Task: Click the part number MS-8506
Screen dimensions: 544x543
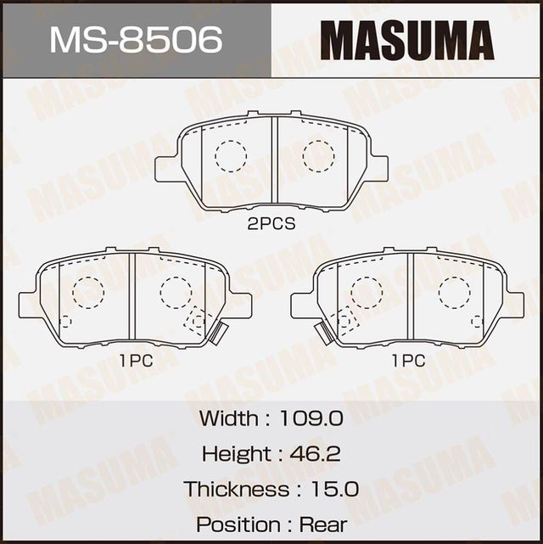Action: pyautogui.click(x=136, y=39)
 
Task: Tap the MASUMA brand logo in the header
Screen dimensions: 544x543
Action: pyautogui.click(x=407, y=40)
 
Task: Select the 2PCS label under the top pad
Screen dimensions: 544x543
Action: pyautogui.click(x=271, y=224)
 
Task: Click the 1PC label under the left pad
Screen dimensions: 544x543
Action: pyautogui.click(x=136, y=360)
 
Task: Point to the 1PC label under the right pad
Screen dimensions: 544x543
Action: pyautogui.click(x=407, y=360)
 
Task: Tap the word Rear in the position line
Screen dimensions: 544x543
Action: pyautogui.click(x=328, y=524)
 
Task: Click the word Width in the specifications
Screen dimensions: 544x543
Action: pyautogui.click(x=228, y=418)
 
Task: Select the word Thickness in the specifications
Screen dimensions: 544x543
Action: pyautogui.click(x=236, y=489)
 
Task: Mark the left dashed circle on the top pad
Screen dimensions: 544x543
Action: pyautogui.click(x=230, y=155)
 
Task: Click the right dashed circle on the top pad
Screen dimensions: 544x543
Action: pyautogui.click(x=318, y=155)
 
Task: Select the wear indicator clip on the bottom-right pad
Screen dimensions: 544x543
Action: pyautogui.click(x=322, y=332)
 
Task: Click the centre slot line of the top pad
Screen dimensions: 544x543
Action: pyautogui.click(x=274, y=161)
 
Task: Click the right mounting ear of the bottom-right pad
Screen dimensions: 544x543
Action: pyautogui.click(x=514, y=303)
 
